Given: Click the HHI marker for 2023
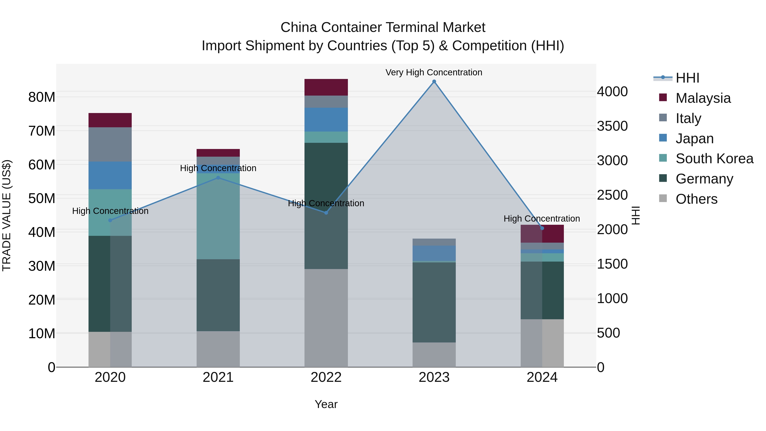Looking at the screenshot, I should (x=434, y=82).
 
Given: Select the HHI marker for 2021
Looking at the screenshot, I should (x=218, y=178).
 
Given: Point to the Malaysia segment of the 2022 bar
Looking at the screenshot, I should (x=326, y=87).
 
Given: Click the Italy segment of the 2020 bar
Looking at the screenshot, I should (x=110, y=144).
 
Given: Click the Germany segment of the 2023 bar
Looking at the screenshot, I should (x=434, y=302).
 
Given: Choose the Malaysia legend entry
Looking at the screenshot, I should (x=703, y=98).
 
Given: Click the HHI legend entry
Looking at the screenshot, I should (x=687, y=78).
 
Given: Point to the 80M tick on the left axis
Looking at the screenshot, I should (x=42, y=97).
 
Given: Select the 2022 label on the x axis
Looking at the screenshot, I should (x=326, y=377).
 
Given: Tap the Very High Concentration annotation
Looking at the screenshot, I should (x=434, y=72).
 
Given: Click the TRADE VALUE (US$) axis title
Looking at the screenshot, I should (x=7, y=215).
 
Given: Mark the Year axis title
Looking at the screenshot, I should (x=326, y=404).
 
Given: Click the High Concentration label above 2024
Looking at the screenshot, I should (x=542, y=219).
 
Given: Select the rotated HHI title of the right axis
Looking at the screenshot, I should (x=635, y=215).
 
